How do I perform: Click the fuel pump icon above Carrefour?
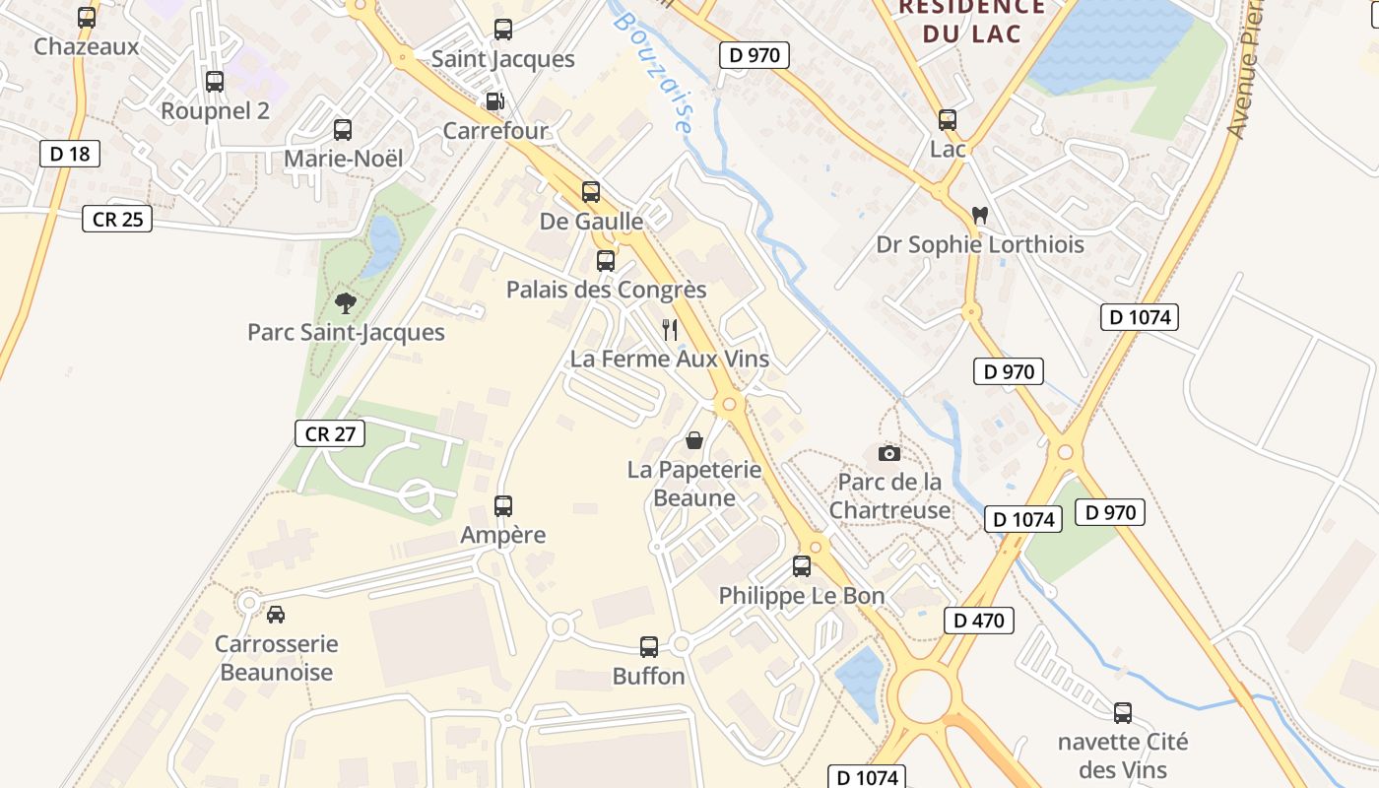coord(494,101)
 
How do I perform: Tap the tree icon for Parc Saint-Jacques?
coord(345,302)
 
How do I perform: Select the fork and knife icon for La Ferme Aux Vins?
coord(670,329)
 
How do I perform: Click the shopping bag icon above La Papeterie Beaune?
coord(694,439)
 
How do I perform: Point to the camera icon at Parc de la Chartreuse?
coord(889,453)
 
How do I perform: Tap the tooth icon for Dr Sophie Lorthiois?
coord(979,214)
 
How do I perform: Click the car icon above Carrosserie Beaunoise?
coord(276,614)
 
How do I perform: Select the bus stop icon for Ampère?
coord(503,506)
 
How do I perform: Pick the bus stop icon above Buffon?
coord(648,646)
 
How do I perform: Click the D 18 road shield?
coord(70,153)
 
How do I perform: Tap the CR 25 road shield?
coord(117,219)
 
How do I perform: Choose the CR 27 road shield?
coord(330,432)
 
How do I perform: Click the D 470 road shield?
coord(978,620)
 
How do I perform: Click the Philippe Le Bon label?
coord(802,596)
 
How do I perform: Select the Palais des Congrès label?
coord(606,290)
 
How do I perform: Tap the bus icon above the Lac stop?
coord(948,120)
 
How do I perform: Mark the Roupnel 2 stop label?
coord(215,110)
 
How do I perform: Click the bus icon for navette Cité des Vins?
coord(1122,713)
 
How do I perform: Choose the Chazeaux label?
coord(87,46)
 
